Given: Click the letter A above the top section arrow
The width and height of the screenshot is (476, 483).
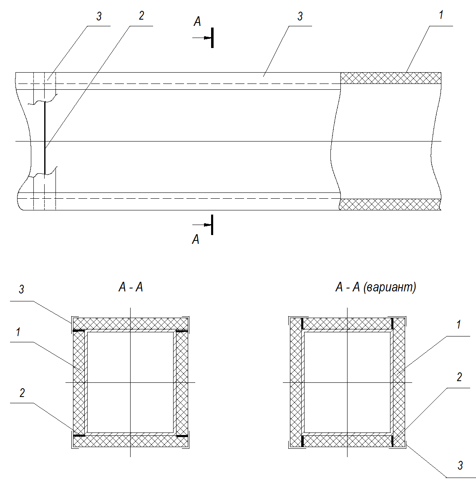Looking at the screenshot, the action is [197, 22].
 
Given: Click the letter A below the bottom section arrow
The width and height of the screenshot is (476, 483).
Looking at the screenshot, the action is [196, 239].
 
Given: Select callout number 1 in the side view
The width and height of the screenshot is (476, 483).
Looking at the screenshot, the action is [441, 15].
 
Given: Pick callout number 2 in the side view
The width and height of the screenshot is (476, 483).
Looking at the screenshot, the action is [141, 15].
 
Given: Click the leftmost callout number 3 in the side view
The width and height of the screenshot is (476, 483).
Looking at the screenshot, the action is [99, 16].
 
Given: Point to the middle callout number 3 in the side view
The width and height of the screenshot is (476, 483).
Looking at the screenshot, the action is [300, 16].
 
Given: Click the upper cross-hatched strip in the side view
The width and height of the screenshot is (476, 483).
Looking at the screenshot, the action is [391, 78].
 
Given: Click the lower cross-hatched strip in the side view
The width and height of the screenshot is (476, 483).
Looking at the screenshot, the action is [390, 205].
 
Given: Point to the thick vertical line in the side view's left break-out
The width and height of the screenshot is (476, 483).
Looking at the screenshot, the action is [45, 138].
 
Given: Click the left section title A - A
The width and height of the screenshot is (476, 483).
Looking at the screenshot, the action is [131, 287].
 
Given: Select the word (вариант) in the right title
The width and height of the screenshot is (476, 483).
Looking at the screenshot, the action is [390, 287].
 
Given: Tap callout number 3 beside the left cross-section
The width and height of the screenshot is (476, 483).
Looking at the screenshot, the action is [21, 289].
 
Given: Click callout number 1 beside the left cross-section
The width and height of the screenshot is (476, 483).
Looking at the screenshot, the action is [18, 332].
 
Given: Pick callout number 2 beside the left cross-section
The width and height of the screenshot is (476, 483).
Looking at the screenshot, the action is [22, 393].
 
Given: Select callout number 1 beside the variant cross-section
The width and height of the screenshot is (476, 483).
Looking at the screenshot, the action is [458, 324].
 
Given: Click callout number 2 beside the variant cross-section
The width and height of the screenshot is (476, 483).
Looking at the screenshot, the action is [459, 377].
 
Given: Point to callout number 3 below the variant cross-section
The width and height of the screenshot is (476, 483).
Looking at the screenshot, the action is [460, 465].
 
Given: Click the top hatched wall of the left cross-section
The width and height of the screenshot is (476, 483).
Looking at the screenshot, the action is [131, 324].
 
